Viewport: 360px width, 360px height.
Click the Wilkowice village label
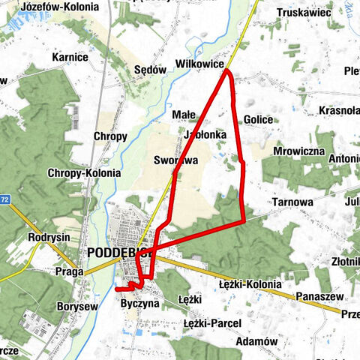(x=198, y=64)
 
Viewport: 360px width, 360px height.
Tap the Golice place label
(x=259, y=119)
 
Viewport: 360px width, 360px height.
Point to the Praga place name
(x=70, y=272)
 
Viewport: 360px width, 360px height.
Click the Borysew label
(x=77, y=306)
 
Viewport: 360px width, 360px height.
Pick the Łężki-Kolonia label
(x=250, y=284)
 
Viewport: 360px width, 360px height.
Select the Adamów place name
(x=256, y=340)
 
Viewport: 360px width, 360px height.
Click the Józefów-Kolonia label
(x=60, y=7)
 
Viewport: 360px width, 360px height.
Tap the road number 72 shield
(x=5, y=199)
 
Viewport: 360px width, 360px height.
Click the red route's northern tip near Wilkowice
(x=226, y=73)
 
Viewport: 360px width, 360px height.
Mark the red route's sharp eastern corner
(x=244, y=220)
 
